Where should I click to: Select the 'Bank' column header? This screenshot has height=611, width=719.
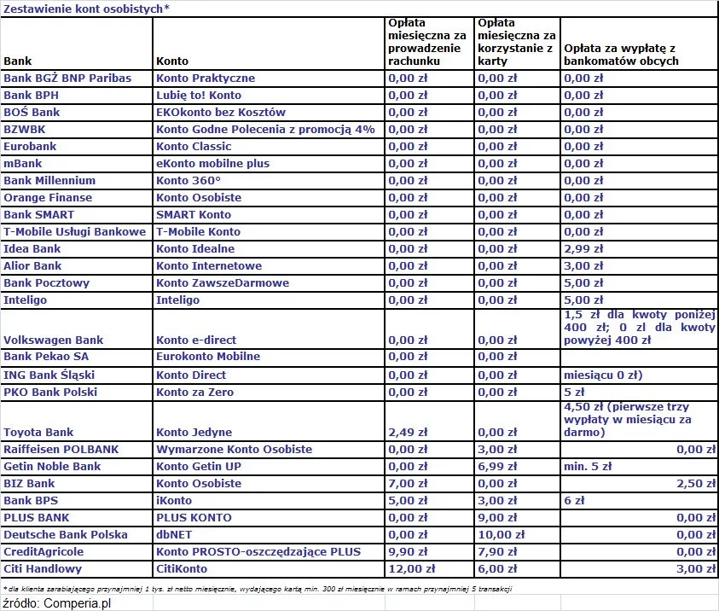[18, 61]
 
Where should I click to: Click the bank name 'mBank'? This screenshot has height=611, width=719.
[23, 163]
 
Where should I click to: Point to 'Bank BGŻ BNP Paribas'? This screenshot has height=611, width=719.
[67, 78]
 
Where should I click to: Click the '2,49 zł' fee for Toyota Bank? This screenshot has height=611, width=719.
[406, 432]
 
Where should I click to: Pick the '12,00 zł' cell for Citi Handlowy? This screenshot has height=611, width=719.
[412, 568]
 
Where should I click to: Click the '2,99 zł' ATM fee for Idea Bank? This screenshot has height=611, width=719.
[583, 248]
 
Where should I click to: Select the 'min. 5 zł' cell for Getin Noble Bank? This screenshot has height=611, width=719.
[588, 466]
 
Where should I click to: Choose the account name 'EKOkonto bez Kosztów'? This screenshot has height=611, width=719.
[221, 112]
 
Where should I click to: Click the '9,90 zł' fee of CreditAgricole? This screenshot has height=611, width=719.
[406, 551]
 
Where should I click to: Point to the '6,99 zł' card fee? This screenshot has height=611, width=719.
[497, 466]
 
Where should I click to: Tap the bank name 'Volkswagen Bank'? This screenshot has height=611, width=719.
[54, 340]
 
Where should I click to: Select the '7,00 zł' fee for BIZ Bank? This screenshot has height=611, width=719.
[406, 483]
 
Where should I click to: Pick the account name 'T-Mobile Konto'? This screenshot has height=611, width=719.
[198, 231]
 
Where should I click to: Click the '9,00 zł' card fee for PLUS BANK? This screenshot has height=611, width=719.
[497, 517]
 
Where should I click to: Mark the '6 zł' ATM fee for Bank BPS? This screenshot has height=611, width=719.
[574, 500]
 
